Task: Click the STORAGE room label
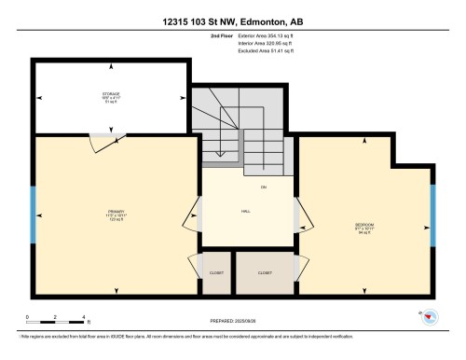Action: click(111, 95)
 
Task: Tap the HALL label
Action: click(244, 211)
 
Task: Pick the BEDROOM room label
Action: click(364, 226)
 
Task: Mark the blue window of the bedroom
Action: click(432, 211)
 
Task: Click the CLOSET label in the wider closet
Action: click(265, 272)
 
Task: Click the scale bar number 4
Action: click(85, 318)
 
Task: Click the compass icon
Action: click(431, 319)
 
